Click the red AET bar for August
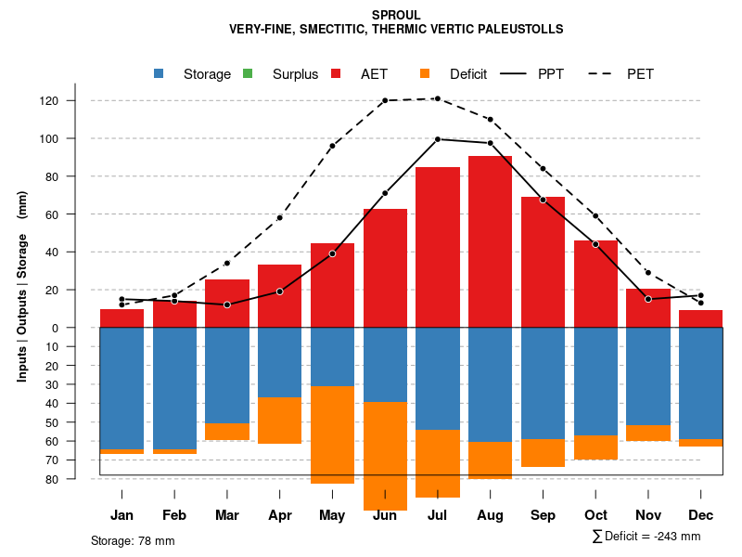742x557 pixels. coord(490,241)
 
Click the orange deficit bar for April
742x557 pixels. coord(279,420)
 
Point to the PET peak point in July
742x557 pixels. coord(437,98)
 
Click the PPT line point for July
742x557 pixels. coord(437,139)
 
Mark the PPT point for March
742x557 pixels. coord(227,304)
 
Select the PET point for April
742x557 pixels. coord(279,217)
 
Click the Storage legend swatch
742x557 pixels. coord(160,74)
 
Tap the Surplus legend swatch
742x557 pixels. coord(248,74)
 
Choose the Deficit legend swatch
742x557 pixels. coord(425,74)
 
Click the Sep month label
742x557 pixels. coord(543,515)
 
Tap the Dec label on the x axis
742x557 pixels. coord(700,515)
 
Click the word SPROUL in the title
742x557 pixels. coord(396,15)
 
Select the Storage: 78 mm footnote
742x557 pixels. coord(133,540)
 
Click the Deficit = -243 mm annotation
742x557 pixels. coord(646,537)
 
